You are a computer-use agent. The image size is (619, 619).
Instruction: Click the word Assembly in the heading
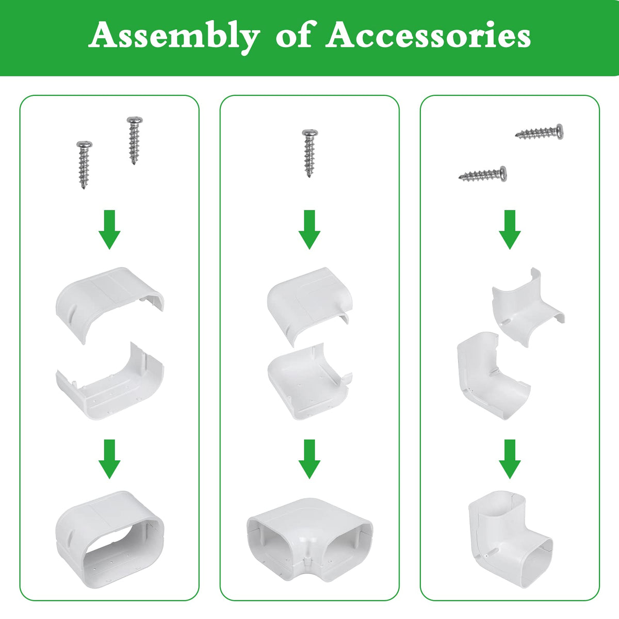click(174, 37)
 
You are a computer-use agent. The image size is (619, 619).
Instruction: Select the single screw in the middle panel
click(309, 153)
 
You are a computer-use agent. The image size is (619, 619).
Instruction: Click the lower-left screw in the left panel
click(84, 165)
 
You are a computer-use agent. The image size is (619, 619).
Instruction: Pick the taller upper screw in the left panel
click(134, 141)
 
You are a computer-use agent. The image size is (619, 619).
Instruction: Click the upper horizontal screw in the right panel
click(540, 132)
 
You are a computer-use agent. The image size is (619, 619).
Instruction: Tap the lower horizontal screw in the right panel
click(482, 174)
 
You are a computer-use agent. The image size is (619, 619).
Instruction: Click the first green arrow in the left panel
click(109, 230)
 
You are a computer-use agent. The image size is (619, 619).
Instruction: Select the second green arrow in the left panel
click(109, 459)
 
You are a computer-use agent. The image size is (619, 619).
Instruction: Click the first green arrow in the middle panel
click(309, 230)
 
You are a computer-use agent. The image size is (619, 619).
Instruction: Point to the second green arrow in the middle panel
click(309, 459)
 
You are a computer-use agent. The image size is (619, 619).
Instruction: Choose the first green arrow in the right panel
click(510, 230)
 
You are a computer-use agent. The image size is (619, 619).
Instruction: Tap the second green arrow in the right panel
click(510, 459)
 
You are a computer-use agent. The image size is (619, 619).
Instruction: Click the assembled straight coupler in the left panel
click(109, 540)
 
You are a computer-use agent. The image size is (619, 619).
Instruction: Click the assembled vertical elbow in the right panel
click(510, 540)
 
